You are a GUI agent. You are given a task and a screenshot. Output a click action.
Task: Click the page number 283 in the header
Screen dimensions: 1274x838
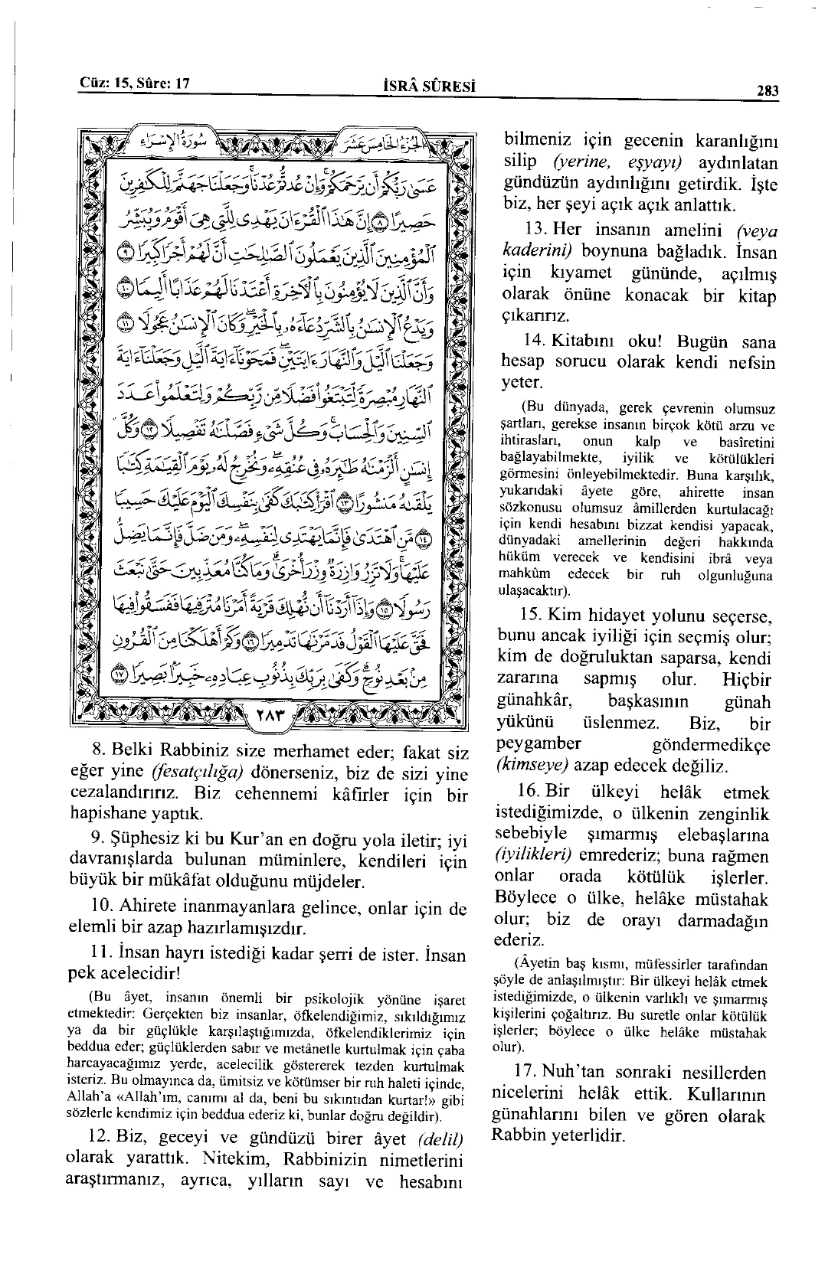[x=768, y=91]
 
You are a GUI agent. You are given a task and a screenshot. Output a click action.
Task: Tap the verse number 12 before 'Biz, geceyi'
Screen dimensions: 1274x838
[x=100, y=1139]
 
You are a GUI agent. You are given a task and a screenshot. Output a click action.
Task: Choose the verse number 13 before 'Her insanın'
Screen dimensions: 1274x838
[x=534, y=229]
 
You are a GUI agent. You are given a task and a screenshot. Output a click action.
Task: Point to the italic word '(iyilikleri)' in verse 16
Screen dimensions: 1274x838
[x=535, y=857]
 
